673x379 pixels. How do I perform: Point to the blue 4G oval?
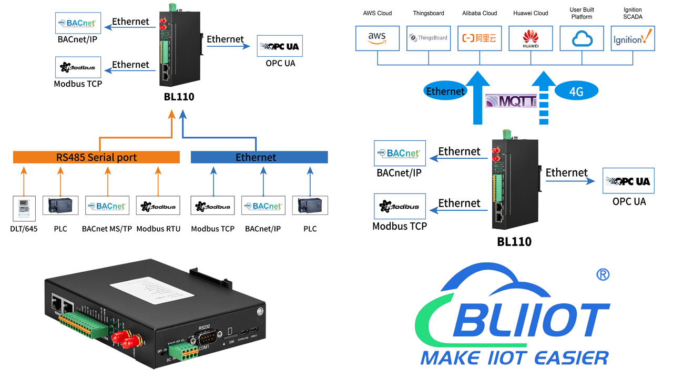coord(576,91)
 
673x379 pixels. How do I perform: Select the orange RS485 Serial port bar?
coord(96,157)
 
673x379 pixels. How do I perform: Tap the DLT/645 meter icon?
coord(24,206)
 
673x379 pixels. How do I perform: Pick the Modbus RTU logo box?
coord(158,206)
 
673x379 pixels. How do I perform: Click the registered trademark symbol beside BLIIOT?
coord(603,274)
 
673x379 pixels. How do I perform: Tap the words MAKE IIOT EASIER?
coord(514,358)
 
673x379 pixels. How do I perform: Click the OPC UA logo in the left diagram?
coord(280,46)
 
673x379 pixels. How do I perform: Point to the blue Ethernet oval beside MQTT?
coord(445,91)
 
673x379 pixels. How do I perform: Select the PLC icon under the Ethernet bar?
coord(310,206)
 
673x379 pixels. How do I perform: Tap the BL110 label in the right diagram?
coord(514,242)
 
